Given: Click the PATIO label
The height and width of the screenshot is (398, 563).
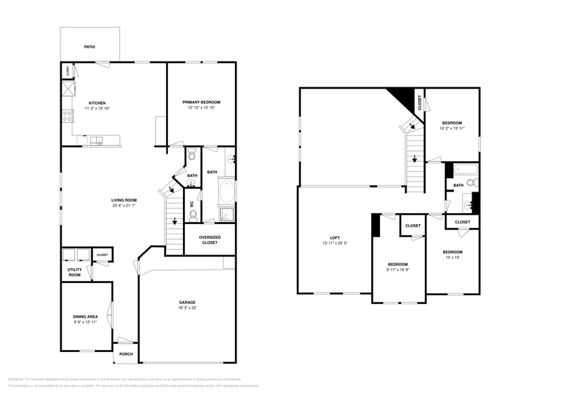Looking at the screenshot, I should point(89,47).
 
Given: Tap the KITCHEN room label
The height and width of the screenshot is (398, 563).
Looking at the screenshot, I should point(97,103).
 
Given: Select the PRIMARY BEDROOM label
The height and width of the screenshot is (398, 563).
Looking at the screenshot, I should point(201,102).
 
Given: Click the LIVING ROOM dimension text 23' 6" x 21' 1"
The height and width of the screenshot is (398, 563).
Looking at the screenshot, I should point(125,206).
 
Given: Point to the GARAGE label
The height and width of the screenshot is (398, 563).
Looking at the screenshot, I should point(186,303).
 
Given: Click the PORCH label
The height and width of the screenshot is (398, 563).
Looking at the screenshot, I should point(127,354).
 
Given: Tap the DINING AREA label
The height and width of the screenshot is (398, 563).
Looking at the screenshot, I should point(85,316).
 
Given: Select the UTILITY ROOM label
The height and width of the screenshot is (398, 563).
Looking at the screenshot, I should point(74,272).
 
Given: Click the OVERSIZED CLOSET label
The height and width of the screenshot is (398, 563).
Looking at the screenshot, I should point(209,240).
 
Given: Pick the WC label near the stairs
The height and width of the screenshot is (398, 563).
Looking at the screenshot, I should point(192,203).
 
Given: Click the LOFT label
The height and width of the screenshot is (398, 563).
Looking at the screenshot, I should point(335,238).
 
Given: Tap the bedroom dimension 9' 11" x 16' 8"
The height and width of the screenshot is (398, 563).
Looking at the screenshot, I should point(398,270).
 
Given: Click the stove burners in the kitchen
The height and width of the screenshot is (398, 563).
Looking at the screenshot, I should point(68,116).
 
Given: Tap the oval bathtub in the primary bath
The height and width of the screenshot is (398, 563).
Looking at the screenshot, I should point(226,192).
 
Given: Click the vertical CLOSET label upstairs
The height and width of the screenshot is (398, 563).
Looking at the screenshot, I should point(420,102).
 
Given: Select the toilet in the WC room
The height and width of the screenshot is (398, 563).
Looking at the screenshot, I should point(193,216).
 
